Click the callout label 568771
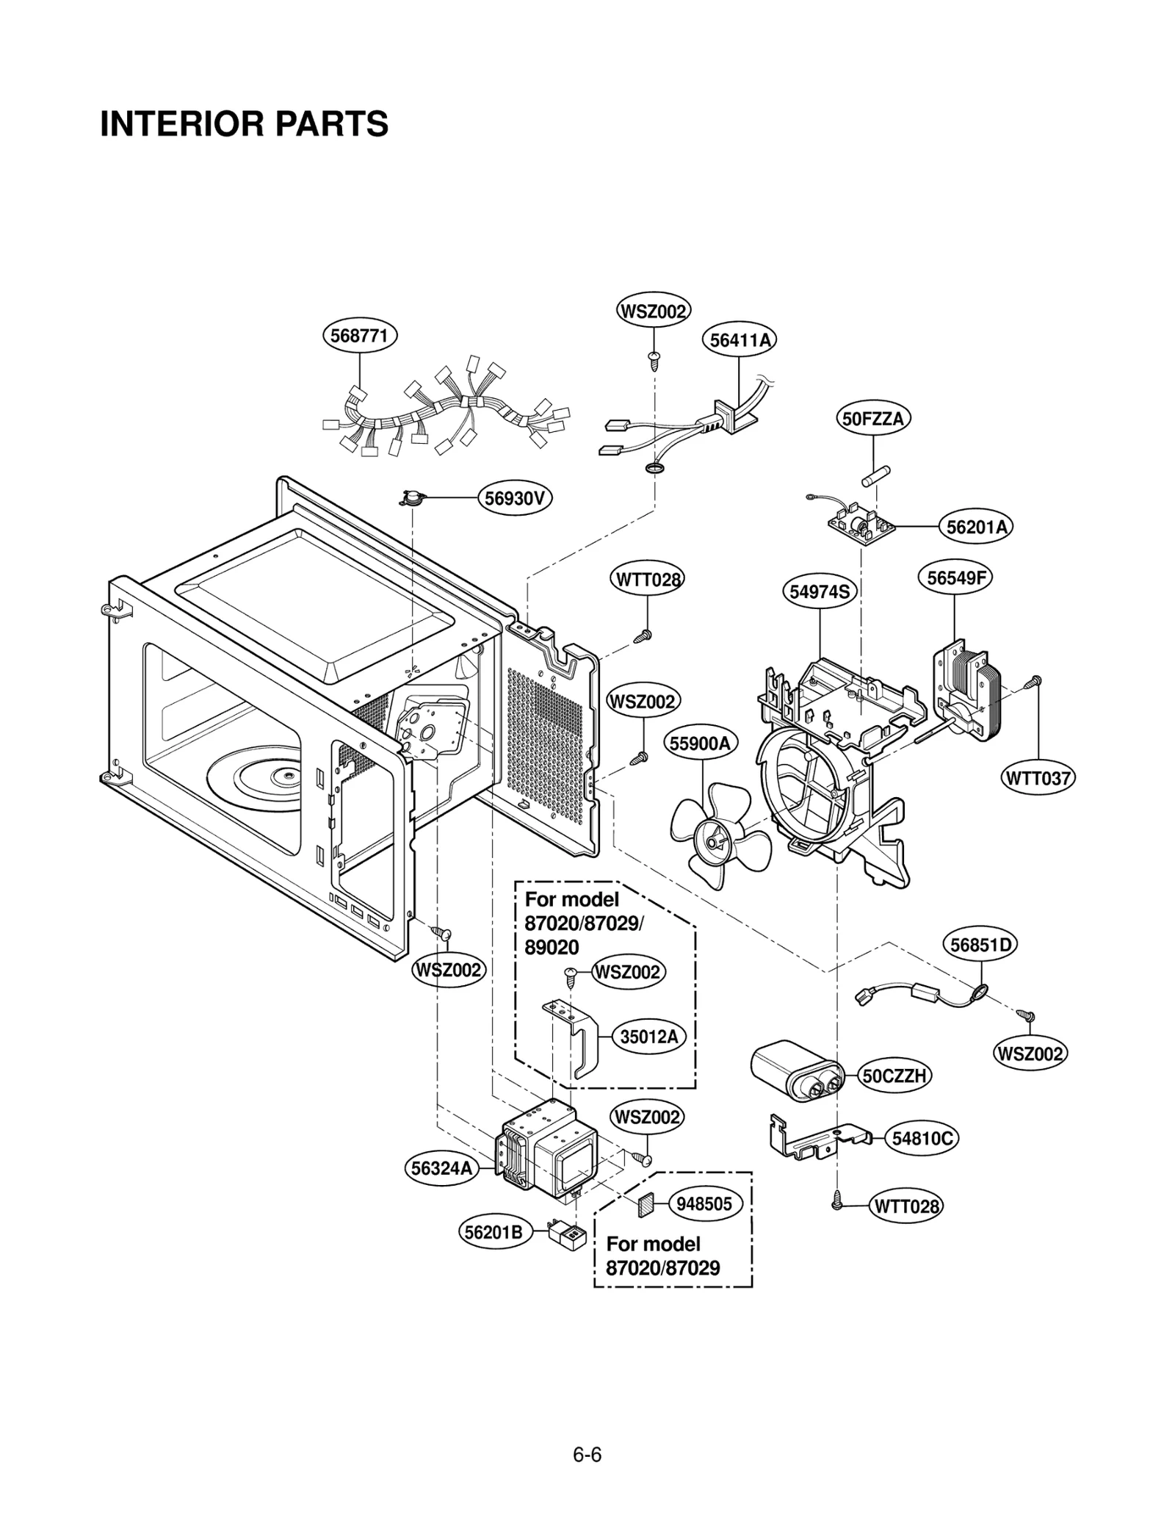[x=360, y=336]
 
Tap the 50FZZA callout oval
[x=873, y=419]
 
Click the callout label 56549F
[x=955, y=577]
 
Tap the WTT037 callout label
[x=1038, y=778]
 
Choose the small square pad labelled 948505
[x=646, y=1204]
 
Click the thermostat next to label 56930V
[x=412, y=499]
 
